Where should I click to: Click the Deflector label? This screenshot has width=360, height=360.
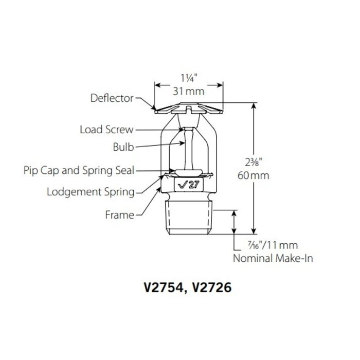[112, 97]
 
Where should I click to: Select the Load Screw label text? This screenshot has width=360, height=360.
[106, 130]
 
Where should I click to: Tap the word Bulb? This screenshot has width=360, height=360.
[123, 148]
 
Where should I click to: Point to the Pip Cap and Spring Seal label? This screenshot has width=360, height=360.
[79, 169]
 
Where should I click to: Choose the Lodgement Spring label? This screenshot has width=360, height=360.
[91, 192]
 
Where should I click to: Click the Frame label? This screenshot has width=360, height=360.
[119, 215]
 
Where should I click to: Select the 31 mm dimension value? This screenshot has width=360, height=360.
[189, 92]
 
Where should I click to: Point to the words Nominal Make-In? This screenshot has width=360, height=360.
[273, 259]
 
